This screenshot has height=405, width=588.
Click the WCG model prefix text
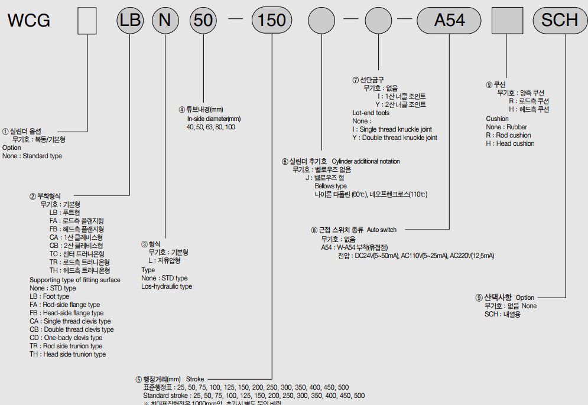[x=29, y=20]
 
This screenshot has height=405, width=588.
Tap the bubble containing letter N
[x=165, y=20]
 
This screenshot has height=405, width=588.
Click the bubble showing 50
[x=203, y=20]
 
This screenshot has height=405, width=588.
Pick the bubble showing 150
[x=272, y=20]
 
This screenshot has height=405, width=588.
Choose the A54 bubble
[x=449, y=20]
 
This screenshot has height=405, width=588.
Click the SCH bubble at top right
[x=559, y=20]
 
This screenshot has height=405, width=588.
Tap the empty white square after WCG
[x=87, y=20]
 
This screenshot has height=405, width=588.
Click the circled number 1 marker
[x=5, y=131]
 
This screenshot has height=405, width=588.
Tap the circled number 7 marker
[x=355, y=80]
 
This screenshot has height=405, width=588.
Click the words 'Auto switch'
[x=382, y=230]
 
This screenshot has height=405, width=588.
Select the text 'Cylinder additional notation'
[x=366, y=161]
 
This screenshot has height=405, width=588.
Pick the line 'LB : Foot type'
[x=49, y=296]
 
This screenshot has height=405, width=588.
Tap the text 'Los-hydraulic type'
[x=167, y=286]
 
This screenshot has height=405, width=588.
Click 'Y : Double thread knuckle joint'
[x=395, y=138]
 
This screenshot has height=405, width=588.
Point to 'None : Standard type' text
[x=32, y=156]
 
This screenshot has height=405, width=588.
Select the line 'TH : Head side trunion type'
[x=67, y=354]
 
